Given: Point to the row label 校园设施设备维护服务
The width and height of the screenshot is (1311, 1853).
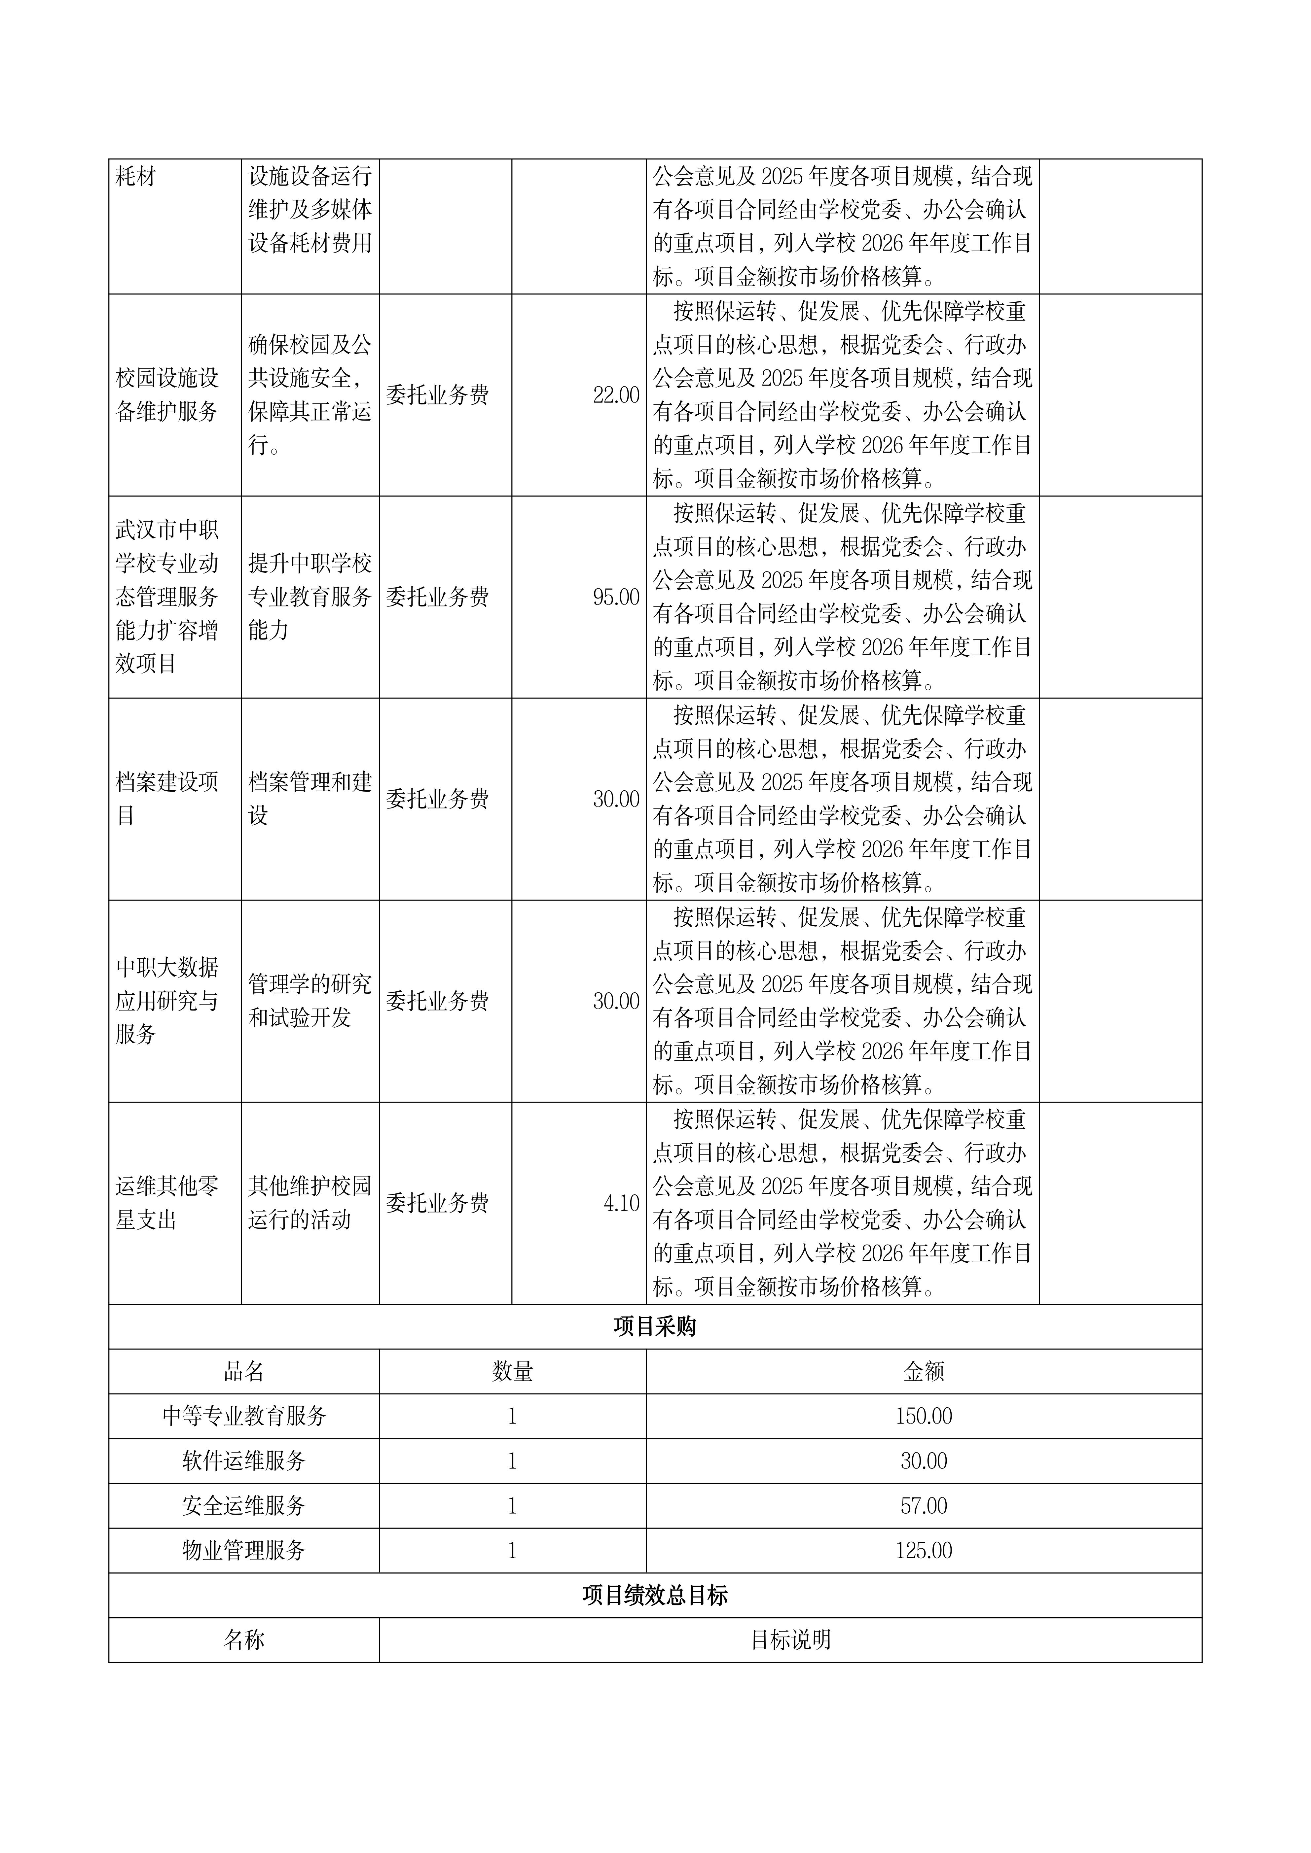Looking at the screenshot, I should tap(167, 395).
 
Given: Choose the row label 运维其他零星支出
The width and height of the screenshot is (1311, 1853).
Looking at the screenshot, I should tap(167, 1203).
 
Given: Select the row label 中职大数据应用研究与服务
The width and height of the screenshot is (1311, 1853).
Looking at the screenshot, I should tap(167, 1001).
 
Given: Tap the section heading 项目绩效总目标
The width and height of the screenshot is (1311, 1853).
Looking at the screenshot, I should tap(655, 1596).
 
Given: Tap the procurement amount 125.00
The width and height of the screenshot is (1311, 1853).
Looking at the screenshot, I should tap(924, 1550).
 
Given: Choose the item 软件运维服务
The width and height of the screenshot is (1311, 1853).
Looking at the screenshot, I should tap(244, 1461).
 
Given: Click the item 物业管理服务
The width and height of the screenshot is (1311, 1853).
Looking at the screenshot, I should tap(244, 1550).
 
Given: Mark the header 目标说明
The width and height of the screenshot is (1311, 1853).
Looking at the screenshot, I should tap(790, 1640).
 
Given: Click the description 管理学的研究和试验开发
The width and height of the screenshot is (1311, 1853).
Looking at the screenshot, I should tap(310, 1001).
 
